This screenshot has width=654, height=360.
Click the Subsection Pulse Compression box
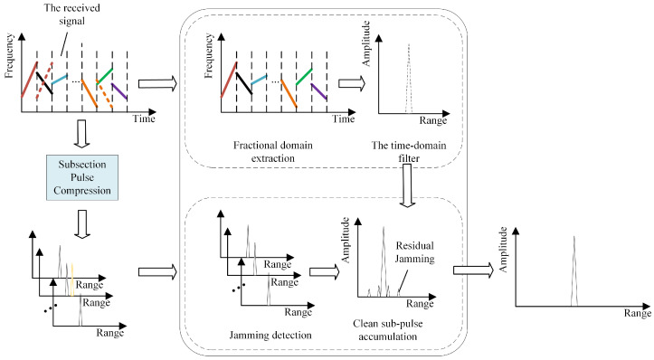[x=82, y=177]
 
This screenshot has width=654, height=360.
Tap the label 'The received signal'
[x=72, y=14]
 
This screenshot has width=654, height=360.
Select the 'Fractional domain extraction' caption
[x=273, y=152]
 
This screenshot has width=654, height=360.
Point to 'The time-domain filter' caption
[x=409, y=152]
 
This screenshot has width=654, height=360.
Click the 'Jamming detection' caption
[x=270, y=335]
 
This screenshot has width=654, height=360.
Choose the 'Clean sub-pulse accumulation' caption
[x=388, y=330]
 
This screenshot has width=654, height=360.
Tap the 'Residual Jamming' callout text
[x=415, y=252]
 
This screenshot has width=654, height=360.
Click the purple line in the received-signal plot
[x=119, y=92]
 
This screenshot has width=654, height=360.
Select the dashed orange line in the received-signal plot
[x=105, y=94]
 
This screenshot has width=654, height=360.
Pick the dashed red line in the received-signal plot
[x=44, y=81]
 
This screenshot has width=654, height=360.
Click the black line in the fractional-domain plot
[x=244, y=83]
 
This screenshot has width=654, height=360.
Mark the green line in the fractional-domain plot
[x=304, y=77]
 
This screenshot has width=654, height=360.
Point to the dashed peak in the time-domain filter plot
[x=409, y=78]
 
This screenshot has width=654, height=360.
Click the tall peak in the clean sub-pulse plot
[x=384, y=261]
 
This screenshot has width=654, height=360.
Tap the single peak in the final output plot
[x=574, y=271]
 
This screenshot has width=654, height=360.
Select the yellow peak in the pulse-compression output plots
[x=72, y=279]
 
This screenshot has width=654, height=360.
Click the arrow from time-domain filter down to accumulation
[x=407, y=185]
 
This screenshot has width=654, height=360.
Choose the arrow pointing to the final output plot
[x=473, y=270]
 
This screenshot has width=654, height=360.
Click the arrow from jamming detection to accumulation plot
[x=325, y=272]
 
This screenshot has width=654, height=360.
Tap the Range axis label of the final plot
[x=638, y=313]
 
